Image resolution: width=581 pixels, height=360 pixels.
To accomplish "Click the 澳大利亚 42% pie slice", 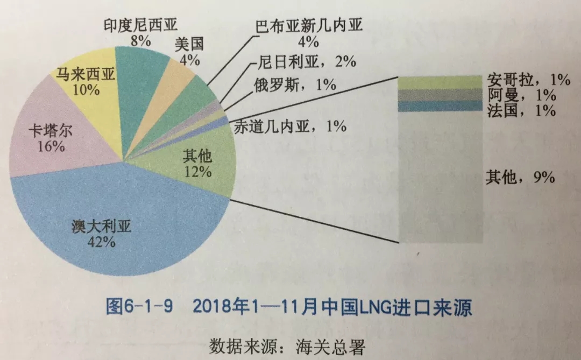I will (108, 231).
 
